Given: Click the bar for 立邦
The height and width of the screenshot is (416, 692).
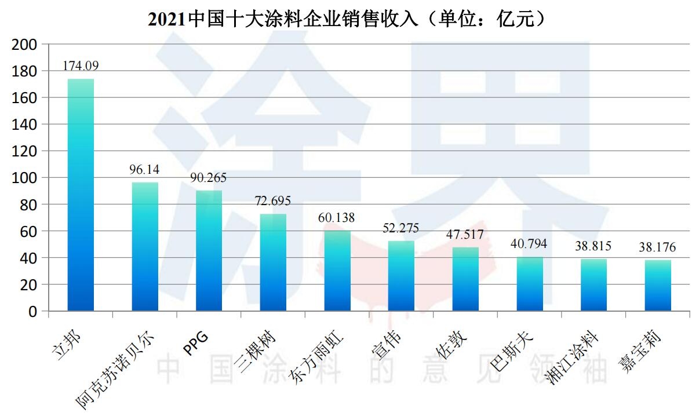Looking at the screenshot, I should pyautogui.click(x=81, y=195).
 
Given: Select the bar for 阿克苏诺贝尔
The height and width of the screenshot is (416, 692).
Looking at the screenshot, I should pyautogui.click(x=145, y=247).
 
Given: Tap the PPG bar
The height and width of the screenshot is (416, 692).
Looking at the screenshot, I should pyautogui.click(x=209, y=250).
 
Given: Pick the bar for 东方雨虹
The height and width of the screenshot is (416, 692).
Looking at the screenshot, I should pyautogui.click(x=337, y=271).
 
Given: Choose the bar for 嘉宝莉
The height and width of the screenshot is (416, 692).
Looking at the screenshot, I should pyautogui.click(x=658, y=285).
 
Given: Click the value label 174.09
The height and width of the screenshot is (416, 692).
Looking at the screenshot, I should pyautogui.click(x=81, y=66).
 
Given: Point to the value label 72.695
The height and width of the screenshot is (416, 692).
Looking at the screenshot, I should pyautogui.click(x=273, y=201).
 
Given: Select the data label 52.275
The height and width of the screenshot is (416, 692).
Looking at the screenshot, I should pyautogui.click(x=401, y=228).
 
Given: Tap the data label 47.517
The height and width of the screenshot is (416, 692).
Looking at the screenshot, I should pyautogui.click(x=465, y=235).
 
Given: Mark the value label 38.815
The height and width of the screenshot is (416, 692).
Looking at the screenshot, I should pyautogui.click(x=593, y=246).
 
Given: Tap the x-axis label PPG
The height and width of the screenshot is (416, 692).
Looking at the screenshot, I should pyautogui.click(x=195, y=342).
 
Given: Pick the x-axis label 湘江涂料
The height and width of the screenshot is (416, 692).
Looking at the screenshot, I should pyautogui.click(x=571, y=359).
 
